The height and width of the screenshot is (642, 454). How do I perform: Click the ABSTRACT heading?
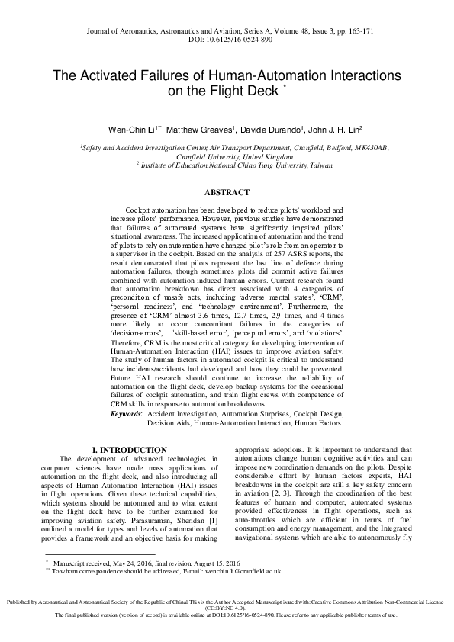tap(227, 194)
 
